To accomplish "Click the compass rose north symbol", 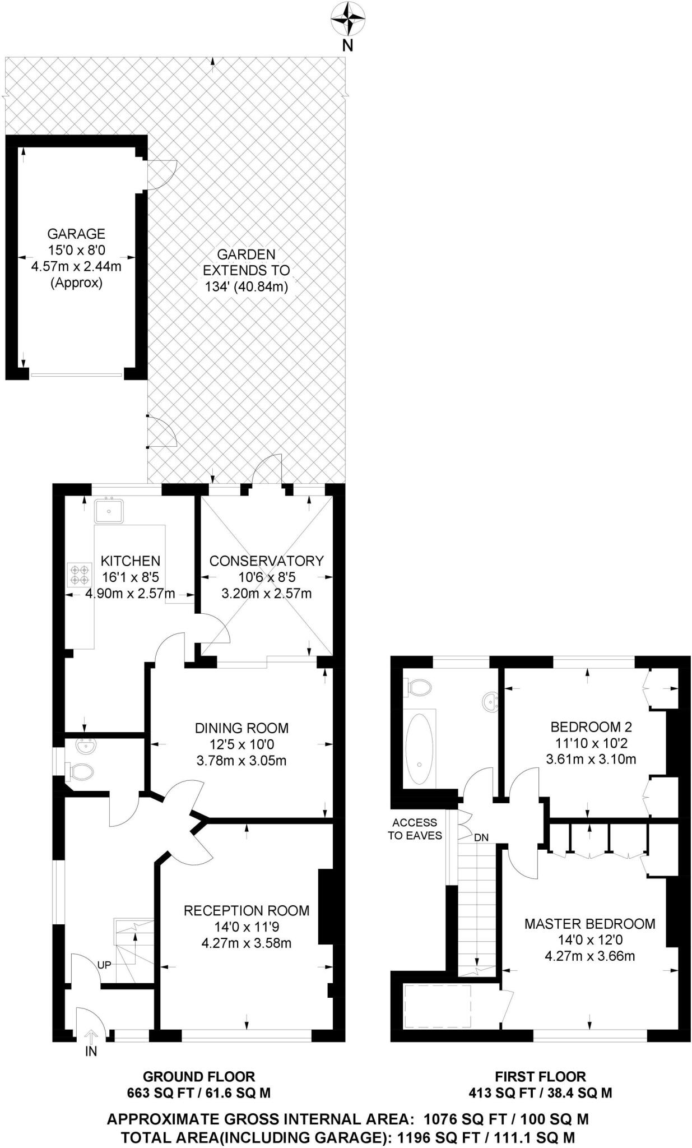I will (347, 20).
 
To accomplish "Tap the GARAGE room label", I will (76, 234).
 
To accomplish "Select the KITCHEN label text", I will (131, 561).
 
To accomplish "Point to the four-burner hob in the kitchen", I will (78, 575).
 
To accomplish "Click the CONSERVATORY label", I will (267, 561).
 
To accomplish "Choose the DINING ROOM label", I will (242, 728).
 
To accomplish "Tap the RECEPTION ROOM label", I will (247, 910).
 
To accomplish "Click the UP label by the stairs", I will (104, 965).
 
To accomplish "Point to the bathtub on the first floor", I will (420, 749).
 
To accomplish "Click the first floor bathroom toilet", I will (419, 687).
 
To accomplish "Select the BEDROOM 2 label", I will (591, 727).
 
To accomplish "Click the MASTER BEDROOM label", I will (589, 924).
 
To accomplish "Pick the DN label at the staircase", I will (481, 837).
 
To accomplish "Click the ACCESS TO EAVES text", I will (415, 829).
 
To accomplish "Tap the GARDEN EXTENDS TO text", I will (247, 262).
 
